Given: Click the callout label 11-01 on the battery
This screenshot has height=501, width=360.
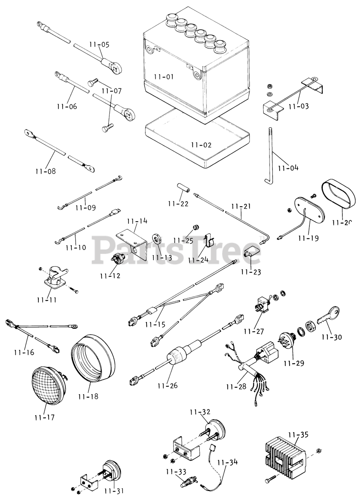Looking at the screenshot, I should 163,77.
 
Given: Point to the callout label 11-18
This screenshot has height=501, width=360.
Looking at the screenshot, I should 88,396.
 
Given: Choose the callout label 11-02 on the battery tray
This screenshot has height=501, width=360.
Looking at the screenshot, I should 201,145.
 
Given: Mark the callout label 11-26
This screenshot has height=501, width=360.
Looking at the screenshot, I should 167,386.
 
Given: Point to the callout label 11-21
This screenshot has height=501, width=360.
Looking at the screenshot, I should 241,206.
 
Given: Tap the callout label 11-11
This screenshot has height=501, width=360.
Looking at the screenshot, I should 47,300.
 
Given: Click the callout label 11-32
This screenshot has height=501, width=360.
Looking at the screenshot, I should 200,412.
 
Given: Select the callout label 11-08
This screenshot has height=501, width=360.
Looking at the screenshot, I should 45,171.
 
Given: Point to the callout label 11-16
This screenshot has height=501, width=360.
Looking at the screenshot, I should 24,352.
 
